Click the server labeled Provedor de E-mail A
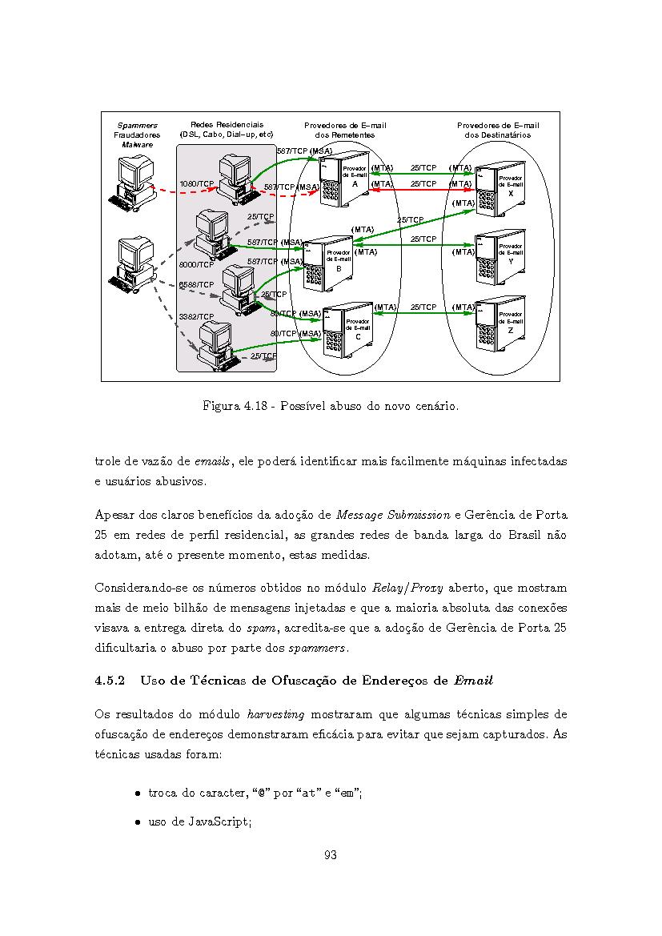click(344, 177)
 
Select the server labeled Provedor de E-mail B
click(328, 263)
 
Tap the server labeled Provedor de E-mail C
click(348, 330)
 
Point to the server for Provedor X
click(501, 188)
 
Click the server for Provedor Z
click(501, 324)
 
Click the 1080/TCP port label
click(196, 184)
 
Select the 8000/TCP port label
click(196, 264)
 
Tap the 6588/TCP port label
click(196, 285)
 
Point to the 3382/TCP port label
click(196, 317)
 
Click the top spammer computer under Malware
click(132, 182)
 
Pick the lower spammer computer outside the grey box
click(132, 264)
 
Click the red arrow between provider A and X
click(423, 190)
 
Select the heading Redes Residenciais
click(227, 125)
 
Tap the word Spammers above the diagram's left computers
click(138, 126)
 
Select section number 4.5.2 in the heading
click(110, 681)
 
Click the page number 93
click(330, 855)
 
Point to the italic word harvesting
click(275, 714)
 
